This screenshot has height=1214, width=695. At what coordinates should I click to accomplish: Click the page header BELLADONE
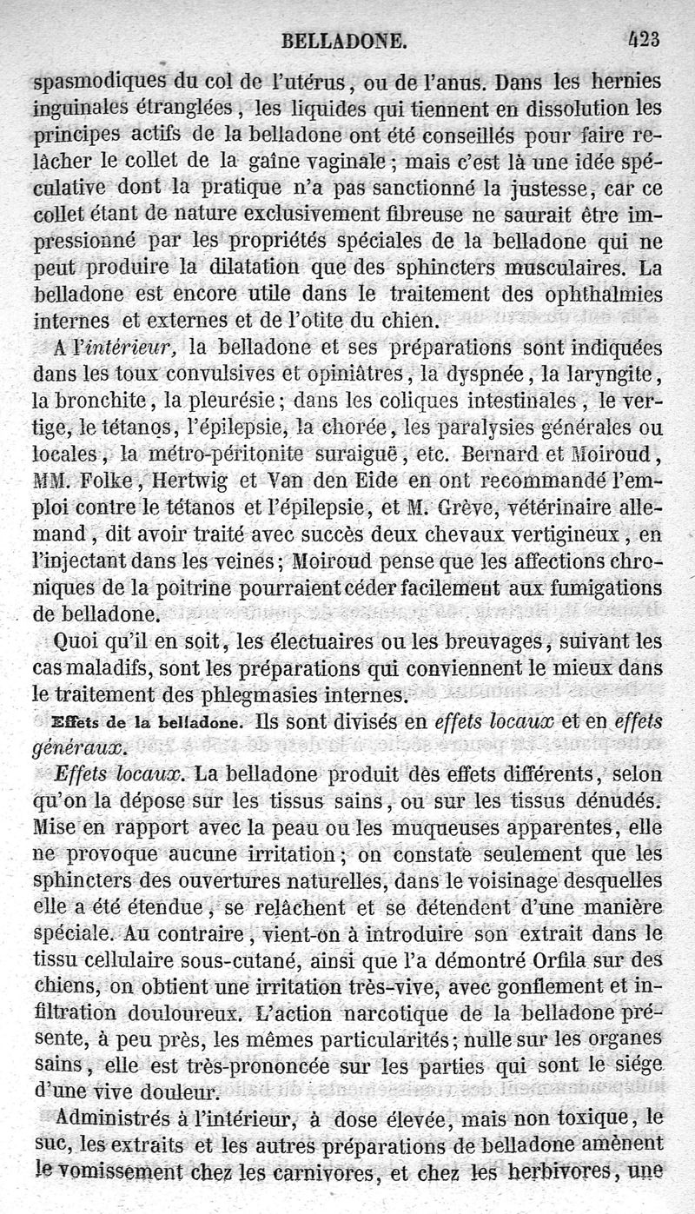coord(344,40)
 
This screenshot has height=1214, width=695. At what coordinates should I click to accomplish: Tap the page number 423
coord(642,38)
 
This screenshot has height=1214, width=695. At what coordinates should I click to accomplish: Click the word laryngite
coord(614,375)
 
